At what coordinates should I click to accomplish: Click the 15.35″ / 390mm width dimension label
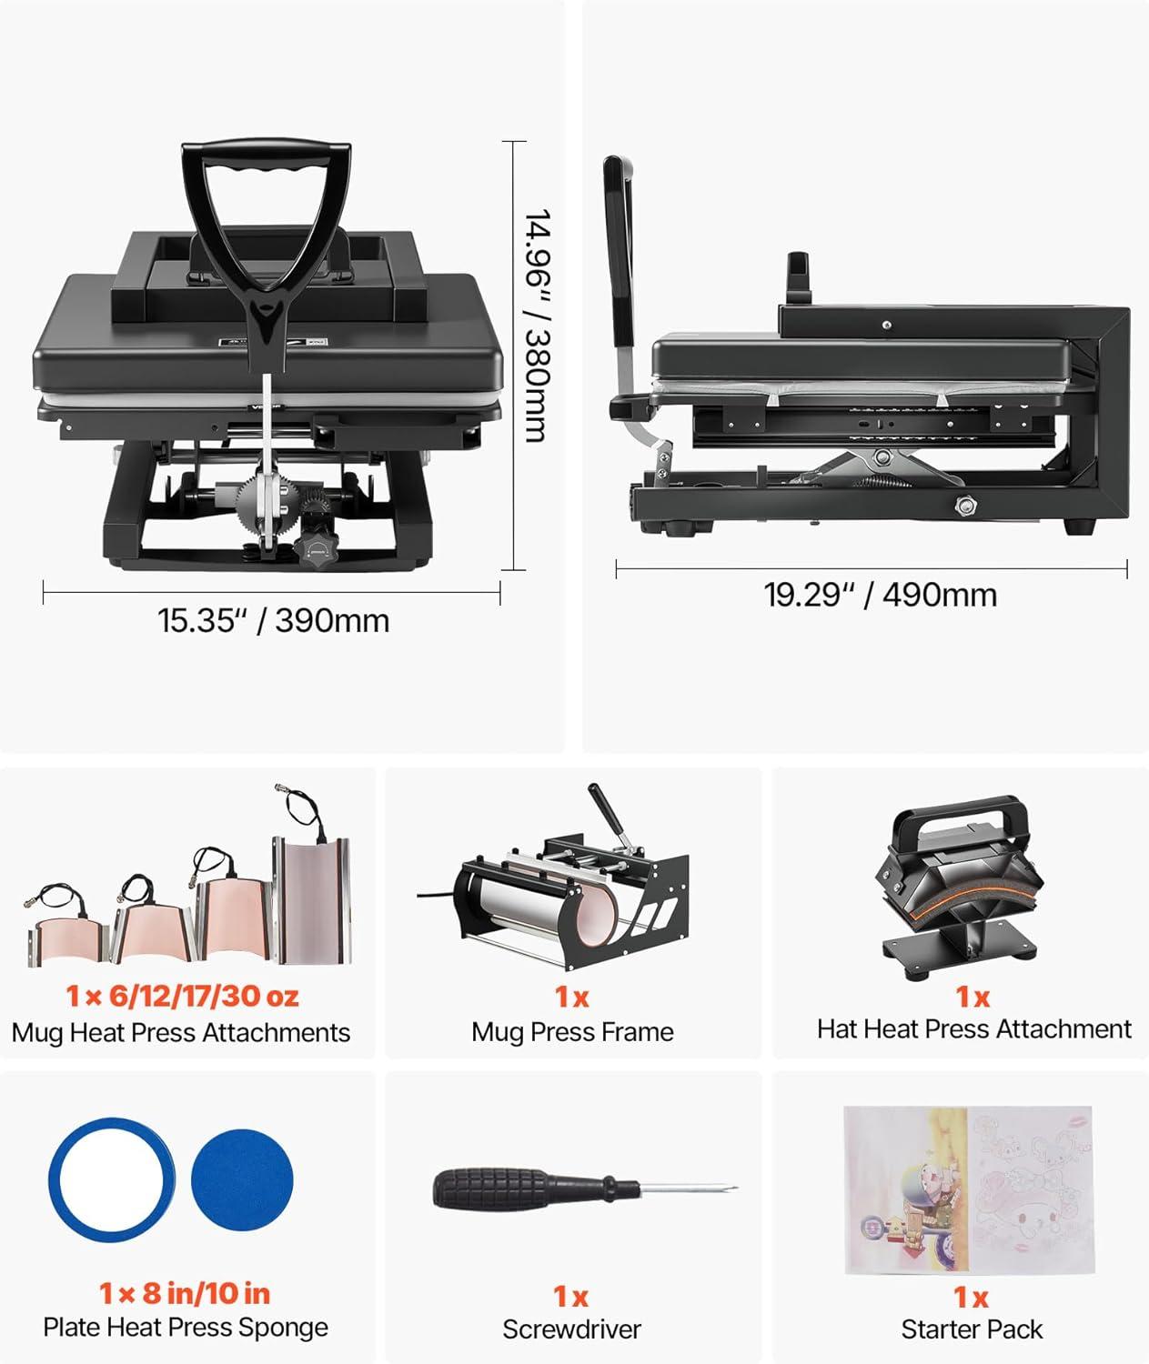point(273,621)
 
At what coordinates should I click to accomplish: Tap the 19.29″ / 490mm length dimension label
point(880,595)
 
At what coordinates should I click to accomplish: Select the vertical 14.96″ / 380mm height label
point(537,325)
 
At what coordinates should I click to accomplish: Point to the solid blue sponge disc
point(242,1180)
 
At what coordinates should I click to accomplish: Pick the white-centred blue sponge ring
point(111,1180)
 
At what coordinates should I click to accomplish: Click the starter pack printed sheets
point(968,1188)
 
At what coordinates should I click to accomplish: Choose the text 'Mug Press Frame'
point(572,1032)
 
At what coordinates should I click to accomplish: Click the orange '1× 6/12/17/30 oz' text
point(182,996)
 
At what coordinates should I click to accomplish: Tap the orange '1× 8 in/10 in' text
point(185,1293)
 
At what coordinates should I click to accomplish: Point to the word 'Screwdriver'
point(571,1329)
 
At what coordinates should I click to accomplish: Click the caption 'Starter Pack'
point(972,1329)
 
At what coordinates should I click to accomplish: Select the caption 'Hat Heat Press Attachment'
point(973,1029)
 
